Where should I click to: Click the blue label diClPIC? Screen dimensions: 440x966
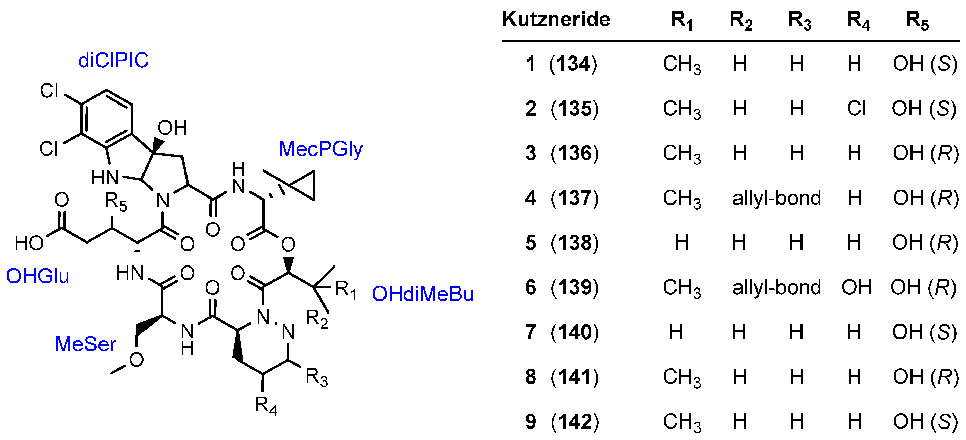[x=113, y=60]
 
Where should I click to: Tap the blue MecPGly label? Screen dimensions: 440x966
[x=321, y=149]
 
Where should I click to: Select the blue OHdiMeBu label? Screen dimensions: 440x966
[x=423, y=294]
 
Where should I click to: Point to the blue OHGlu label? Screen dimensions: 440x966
[x=38, y=276]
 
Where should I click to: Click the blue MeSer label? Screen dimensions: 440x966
[x=86, y=344]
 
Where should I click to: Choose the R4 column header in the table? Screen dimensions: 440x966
[x=858, y=20]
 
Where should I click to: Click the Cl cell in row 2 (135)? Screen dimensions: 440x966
[x=856, y=108]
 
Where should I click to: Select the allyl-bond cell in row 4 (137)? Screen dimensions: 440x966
[x=776, y=198]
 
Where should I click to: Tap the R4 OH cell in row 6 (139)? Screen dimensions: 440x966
[x=856, y=287]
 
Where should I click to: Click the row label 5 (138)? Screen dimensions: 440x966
[x=562, y=242]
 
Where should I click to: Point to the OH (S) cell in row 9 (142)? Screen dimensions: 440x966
[x=925, y=422]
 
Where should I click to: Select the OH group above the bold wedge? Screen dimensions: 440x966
[x=172, y=128]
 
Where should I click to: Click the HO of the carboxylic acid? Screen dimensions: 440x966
[x=28, y=243]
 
